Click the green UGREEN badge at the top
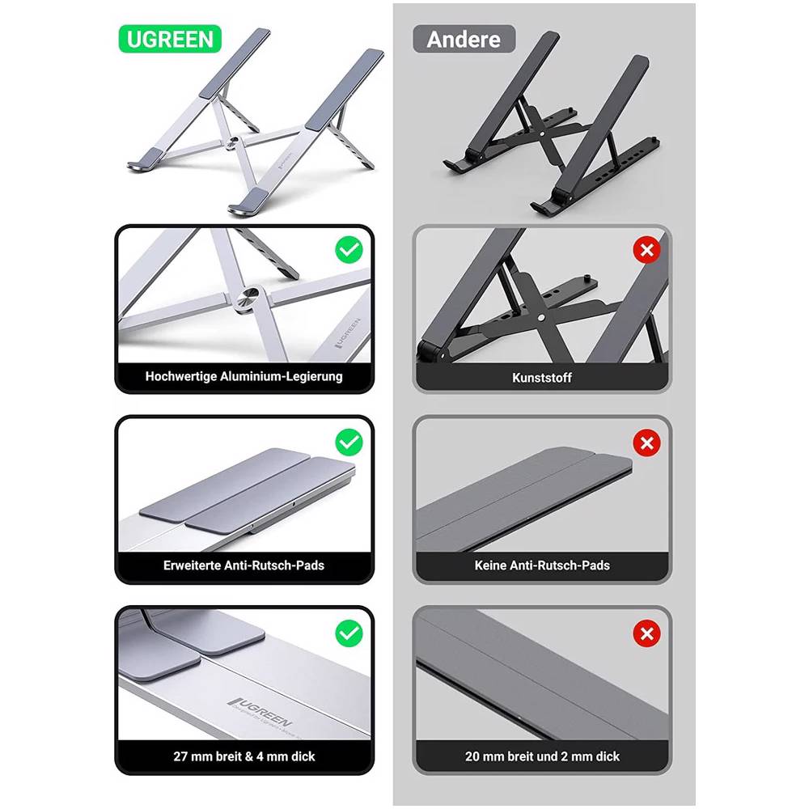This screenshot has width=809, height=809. point(170,39)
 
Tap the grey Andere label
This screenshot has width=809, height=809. point(464,39)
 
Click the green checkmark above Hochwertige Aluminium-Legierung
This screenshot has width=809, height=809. point(349,250)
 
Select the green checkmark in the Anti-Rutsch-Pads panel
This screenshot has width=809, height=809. point(349,443)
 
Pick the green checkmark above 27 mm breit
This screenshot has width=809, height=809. point(349,633)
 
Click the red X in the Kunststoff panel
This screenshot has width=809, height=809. point(646,250)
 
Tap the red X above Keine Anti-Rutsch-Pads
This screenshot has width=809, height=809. point(646,443)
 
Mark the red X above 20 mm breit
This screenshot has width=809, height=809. point(646,633)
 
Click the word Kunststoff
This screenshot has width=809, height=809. point(542,378)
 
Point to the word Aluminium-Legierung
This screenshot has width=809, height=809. point(282,377)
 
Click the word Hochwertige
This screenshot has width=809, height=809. point(180,377)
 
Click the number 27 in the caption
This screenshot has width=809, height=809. point(180,756)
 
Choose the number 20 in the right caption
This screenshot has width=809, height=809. point(472,756)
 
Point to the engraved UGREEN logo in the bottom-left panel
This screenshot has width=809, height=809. point(261,712)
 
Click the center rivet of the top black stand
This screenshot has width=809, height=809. point(543,133)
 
